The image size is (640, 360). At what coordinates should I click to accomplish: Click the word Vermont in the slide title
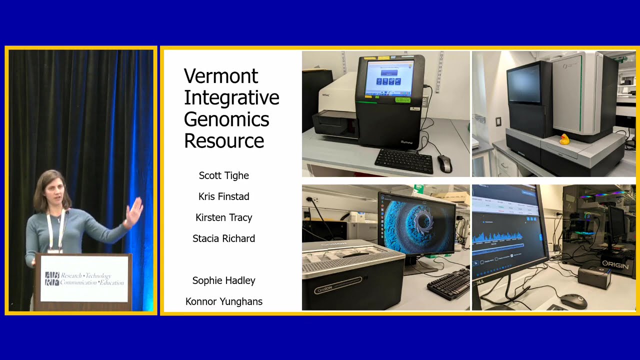pos(221,76)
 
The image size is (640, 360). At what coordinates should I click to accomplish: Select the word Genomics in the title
pos(226,119)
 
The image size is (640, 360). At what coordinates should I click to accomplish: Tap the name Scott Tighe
pos(223,175)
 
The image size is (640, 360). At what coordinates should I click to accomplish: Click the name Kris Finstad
pos(223,196)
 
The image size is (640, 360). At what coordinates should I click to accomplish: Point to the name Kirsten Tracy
pos(223,217)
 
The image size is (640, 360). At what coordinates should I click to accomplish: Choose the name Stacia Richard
pos(223,238)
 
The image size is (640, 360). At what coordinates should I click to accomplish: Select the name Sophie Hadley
pos(223,280)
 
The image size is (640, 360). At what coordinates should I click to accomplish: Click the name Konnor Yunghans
pos(223,301)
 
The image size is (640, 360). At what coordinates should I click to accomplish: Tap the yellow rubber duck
pos(564,139)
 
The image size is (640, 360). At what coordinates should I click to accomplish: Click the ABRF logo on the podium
pos(52,279)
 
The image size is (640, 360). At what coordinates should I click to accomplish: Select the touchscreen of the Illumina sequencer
pos(389,78)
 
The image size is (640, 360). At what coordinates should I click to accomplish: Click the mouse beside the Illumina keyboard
pos(444,162)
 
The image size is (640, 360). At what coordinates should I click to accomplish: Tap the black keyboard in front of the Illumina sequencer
pos(404,160)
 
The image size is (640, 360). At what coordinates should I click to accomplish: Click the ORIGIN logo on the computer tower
pos(614,264)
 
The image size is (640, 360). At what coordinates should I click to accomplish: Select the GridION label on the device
pos(337,286)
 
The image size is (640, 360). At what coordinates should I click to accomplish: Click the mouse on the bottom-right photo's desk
pos(573,300)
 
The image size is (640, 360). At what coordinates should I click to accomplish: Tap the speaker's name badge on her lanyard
pos(54,250)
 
